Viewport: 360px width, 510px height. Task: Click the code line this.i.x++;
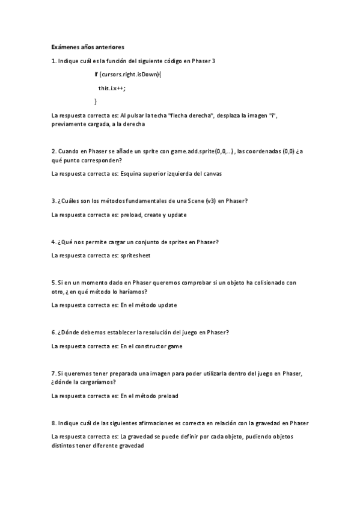[x=112, y=88]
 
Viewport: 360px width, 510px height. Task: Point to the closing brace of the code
[x=96, y=101]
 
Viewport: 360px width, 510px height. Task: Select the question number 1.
[x=53, y=61]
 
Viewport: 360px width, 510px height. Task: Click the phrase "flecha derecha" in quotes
[x=192, y=115]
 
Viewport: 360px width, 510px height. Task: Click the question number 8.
[x=53, y=423]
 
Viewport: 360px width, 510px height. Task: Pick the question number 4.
[x=53, y=242]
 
